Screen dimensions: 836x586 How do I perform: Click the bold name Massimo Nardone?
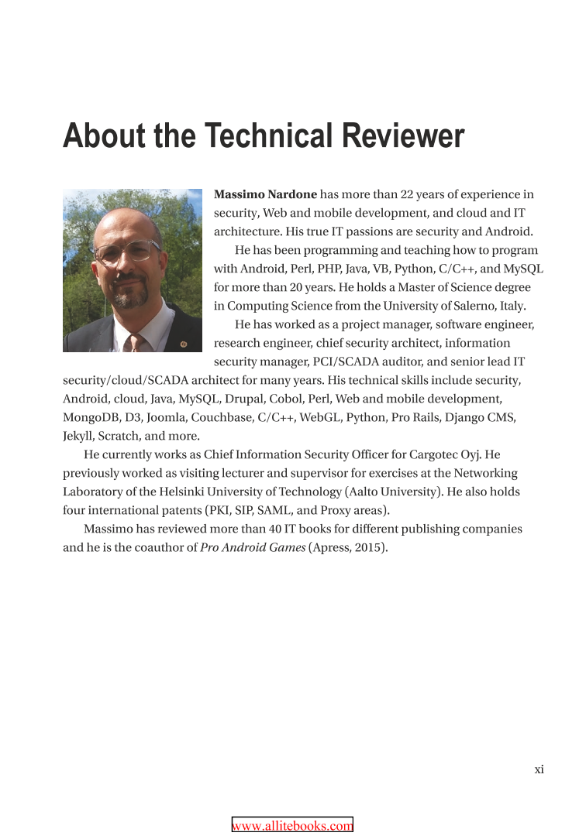point(265,194)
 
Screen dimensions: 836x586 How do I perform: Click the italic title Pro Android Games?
point(253,548)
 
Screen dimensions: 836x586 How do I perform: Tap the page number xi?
point(539,769)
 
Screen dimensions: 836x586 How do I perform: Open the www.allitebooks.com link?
point(292,825)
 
